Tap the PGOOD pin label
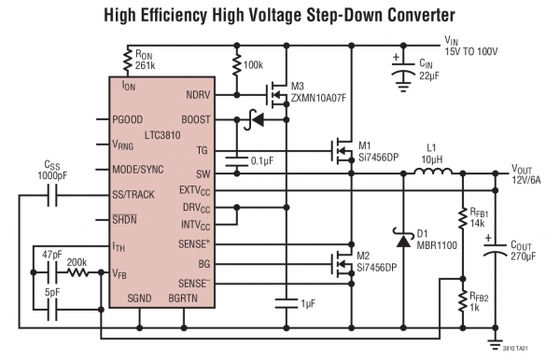click(129, 120)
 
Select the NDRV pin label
click(199, 94)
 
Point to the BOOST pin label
click(196, 120)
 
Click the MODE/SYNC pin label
click(140, 172)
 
